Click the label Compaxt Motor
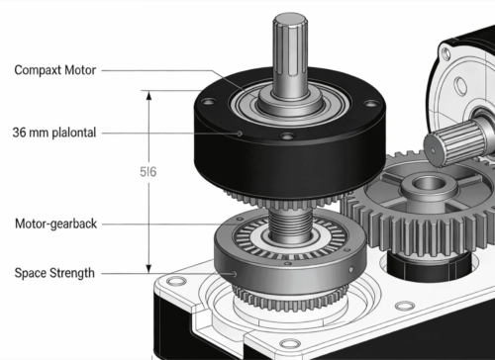click(x=55, y=70)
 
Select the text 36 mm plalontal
click(x=54, y=133)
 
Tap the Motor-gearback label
click(x=56, y=224)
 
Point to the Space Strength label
click(x=54, y=273)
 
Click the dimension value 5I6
click(x=148, y=172)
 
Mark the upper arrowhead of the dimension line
click(x=148, y=95)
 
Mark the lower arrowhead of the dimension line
click(x=148, y=268)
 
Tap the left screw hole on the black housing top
click(x=209, y=101)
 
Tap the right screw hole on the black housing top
click(x=371, y=104)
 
